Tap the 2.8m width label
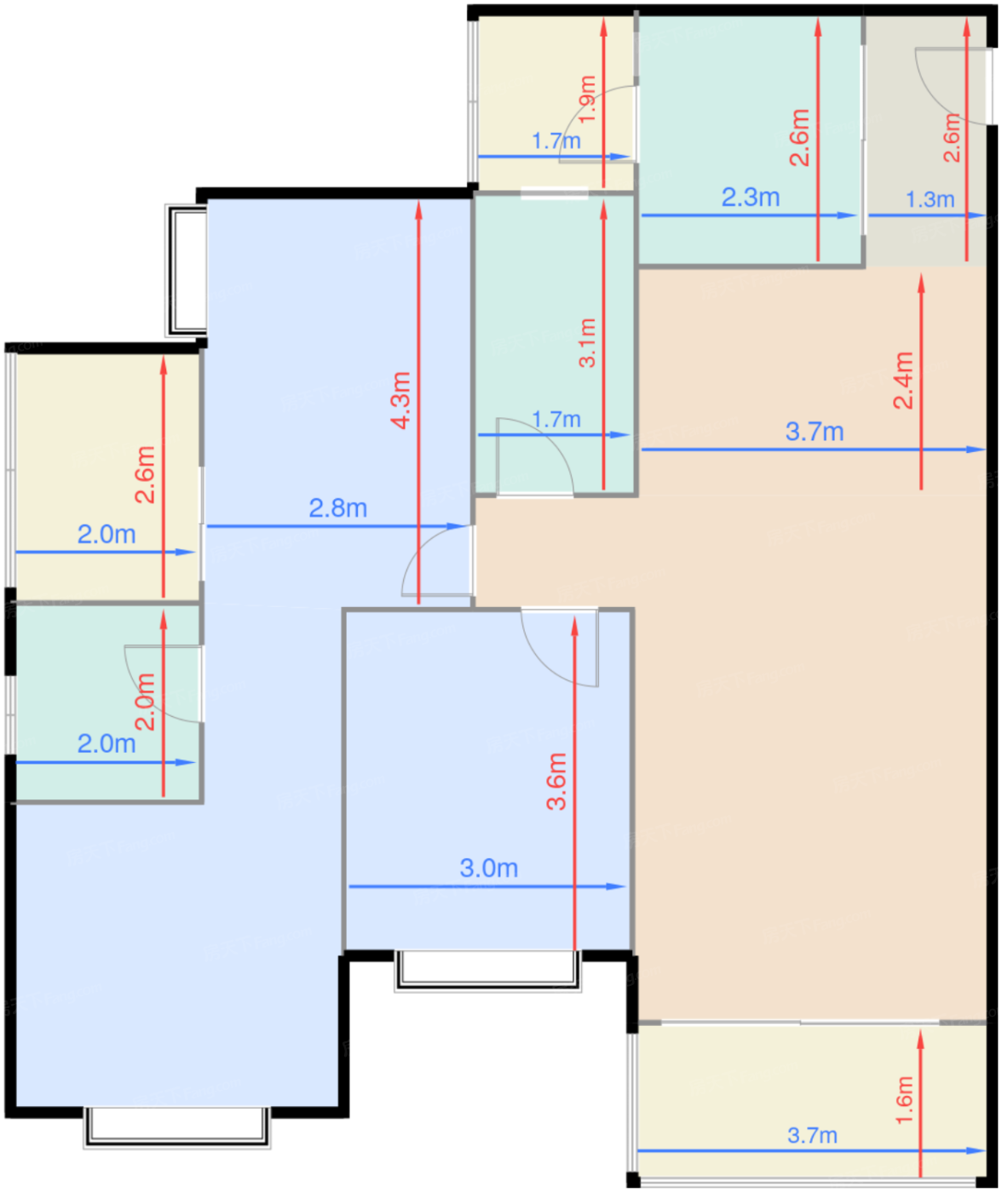(x=338, y=508)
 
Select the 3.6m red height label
(x=556, y=781)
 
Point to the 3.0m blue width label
(x=489, y=868)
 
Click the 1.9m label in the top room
(x=587, y=96)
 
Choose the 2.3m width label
(x=751, y=197)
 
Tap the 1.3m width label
(x=930, y=199)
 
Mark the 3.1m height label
(x=587, y=342)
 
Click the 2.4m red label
(x=903, y=380)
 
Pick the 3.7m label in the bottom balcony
(x=812, y=1135)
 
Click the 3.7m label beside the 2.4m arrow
(x=815, y=432)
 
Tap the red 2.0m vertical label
(x=146, y=702)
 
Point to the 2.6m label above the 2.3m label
(x=799, y=137)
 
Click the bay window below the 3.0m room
(x=488, y=971)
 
